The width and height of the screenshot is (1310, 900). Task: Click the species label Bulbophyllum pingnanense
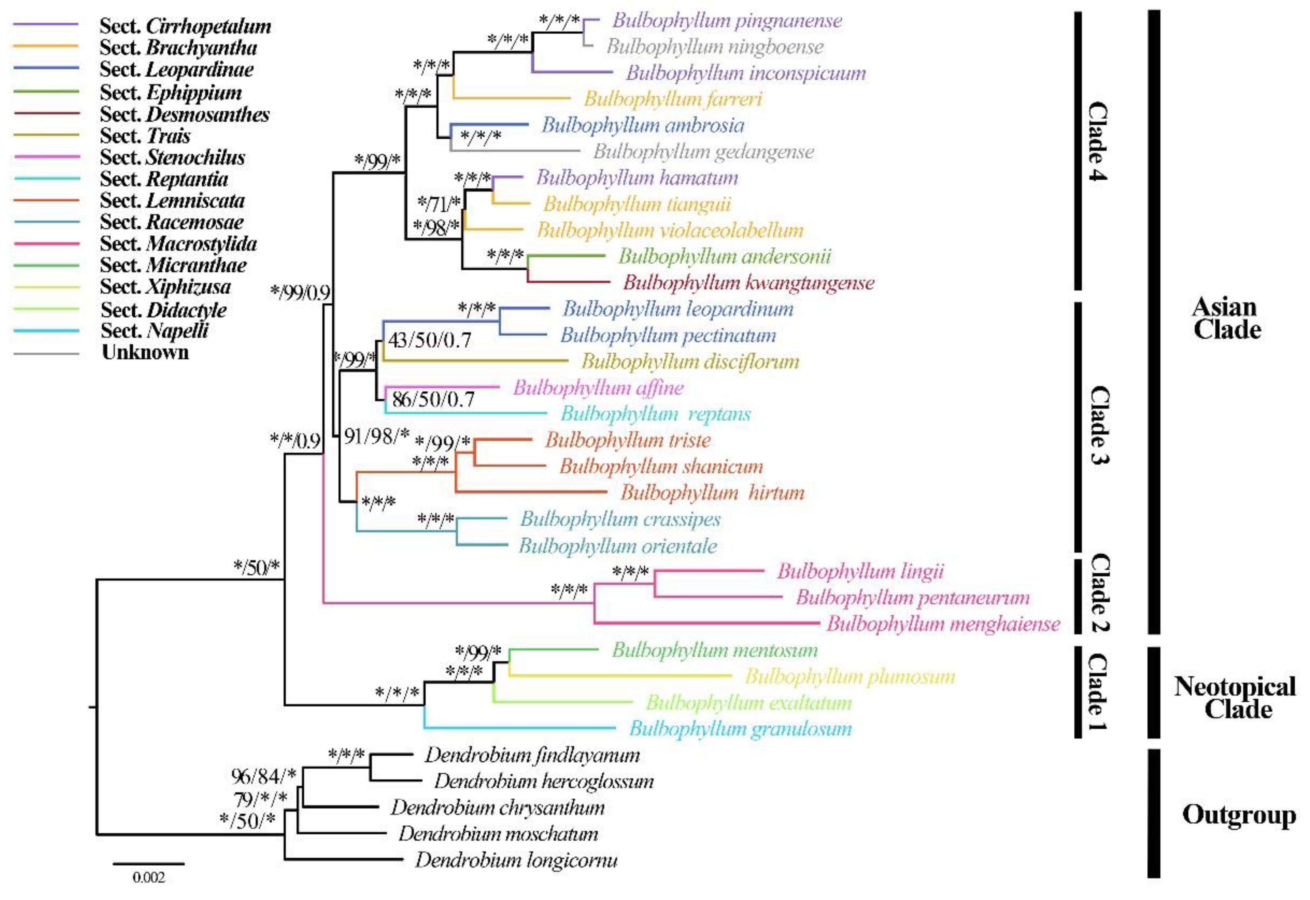pyautogui.click(x=727, y=21)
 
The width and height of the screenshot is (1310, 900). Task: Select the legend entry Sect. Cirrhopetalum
pyautogui.click(x=185, y=26)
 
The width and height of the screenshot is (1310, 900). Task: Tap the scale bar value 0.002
pyautogui.click(x=149, y=877)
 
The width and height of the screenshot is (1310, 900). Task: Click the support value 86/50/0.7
pyautogui.click(x=433, y=400)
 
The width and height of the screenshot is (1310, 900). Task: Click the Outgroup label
pyautogui.click(x=1238, y=815)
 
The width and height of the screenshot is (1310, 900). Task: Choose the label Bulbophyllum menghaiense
pyautogui.click(x=943, y=624)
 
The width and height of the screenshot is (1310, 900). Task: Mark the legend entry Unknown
pyautogui.click(x=145, y=353)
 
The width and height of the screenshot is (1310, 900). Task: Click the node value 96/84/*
pyautogui.click(x=263, y=777)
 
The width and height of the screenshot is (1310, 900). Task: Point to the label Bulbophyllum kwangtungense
pyautogui.click(x=748, y=283)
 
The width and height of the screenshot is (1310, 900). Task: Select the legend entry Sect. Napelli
pyautogui.click(x=154, y=330)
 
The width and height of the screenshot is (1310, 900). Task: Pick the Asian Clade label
pyautogui.click(x=1226, y=319)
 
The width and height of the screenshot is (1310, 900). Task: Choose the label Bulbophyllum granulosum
pyautogui.click(x=740, y=729)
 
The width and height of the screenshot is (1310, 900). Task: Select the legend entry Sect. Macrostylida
pyautogui.click(x=178, y=244)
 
